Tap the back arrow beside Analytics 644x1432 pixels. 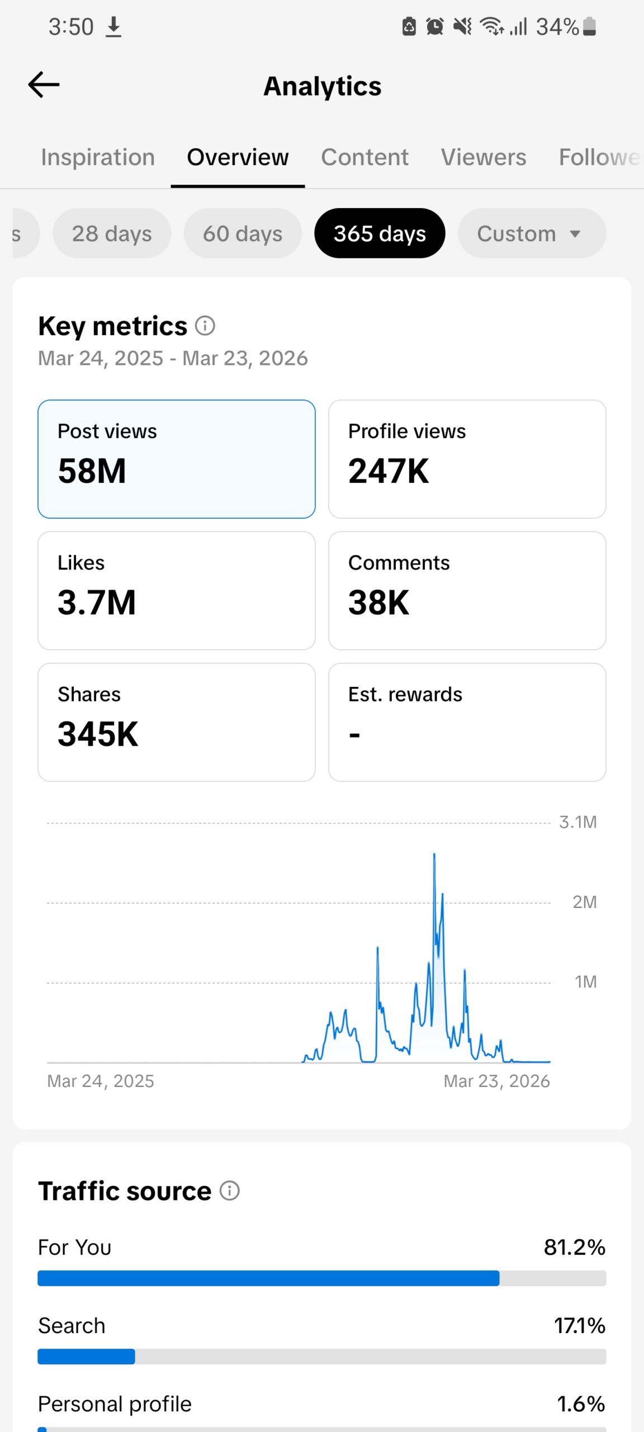pyautogui.click(x=44, y=85)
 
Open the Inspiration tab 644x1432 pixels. pyautogui.click(x=98, y=157)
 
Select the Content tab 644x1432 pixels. pyautogui.click(x=364, y=157)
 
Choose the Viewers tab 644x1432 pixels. pyautogui.click(x=484, y=157)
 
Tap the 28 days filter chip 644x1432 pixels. pyautogui.click(x=112, y=233)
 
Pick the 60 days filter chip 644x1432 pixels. pyautogui.click(x=243, y=233)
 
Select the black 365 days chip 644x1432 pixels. pyautogui.click(x=380, y=233)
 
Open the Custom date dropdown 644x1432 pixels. pyautogui.click(x=532, y=233)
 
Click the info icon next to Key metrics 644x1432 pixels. pyautogui.click(x=205, y=326)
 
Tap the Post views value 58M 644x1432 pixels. pyautogui.click(x=92, y=471)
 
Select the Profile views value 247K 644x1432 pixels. pyautogui.click(x=389, y=471)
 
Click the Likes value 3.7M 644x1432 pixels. pyautogui.click(x=97, y=602)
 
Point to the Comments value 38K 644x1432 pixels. pyautogui.click(x=379, y=602)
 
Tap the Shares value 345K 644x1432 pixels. pyautogui.click(x=98, y=734)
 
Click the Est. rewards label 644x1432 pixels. pyautogui.click(x=405, y=694)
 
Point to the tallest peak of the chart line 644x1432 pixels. pyautogui.click(x=434, y=854)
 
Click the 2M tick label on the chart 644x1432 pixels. pyautogui.click(x=585, y=902)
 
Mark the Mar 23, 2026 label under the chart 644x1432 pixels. pyautogui.click(x=496, y=1081)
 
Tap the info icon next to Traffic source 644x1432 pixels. pyautogui.click(x=229, y=1191)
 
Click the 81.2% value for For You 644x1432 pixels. pyautogui.click(x=575, y=1247)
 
